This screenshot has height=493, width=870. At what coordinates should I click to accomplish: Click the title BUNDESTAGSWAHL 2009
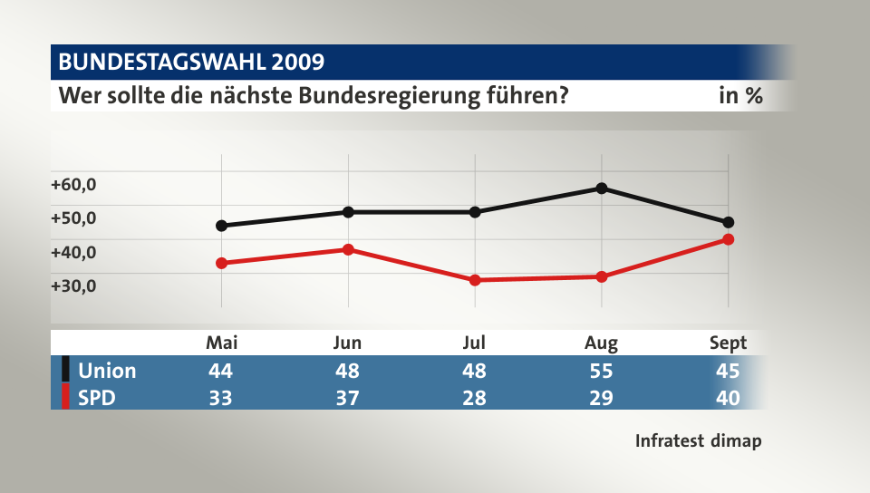pos(191,62)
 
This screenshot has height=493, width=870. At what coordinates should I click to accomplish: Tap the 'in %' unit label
pos(739,95)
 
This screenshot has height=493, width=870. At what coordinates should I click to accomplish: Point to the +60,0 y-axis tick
pos(73,184)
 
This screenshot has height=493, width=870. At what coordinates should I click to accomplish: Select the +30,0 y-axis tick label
pos(73,285)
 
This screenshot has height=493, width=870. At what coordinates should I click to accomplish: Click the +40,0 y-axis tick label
pos(73,252)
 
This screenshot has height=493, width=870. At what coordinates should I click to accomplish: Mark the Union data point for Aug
pos(601,188)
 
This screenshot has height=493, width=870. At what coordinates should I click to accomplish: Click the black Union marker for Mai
pos(222,226)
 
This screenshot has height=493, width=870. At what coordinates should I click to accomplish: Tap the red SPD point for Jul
pos(475,280)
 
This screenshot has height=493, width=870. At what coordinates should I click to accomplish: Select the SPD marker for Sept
pos(728,239)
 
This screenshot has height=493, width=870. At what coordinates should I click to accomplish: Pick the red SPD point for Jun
pos(348,249)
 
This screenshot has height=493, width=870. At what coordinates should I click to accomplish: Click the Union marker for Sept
pos(728,222)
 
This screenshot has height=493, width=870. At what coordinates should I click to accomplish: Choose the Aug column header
pos(601,343)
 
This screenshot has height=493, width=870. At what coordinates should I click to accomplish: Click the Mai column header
pos(222,343)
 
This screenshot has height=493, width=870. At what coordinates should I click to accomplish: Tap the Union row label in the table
pos(107,371)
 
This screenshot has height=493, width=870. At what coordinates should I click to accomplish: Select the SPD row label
pos(97,398)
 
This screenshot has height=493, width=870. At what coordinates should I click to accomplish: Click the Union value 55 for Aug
pos(601,371)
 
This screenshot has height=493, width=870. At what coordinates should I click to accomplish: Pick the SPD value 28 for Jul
pos(474,398)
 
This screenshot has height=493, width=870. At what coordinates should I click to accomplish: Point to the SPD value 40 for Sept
pos(728,398)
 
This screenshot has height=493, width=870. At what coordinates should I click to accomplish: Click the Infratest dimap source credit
pos(698,441)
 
